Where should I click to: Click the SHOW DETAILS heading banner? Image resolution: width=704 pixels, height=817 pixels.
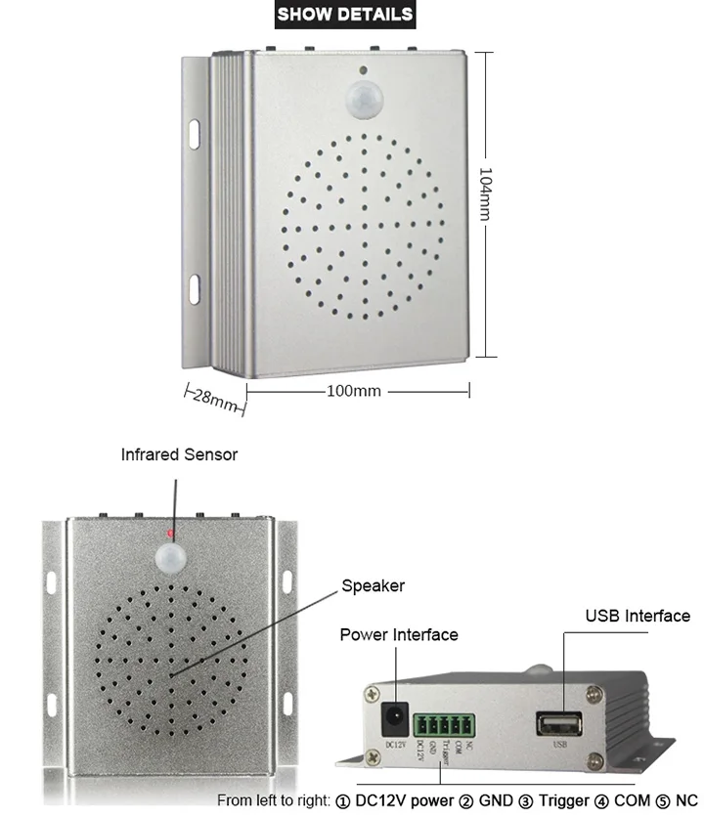point(345,14)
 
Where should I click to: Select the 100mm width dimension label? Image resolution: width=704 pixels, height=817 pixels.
point(353,391)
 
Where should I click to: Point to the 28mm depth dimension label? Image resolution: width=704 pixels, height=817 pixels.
point(212,398)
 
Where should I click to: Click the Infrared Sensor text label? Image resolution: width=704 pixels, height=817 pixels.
point(179,454)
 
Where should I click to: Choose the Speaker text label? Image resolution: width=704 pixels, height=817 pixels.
point(373,585)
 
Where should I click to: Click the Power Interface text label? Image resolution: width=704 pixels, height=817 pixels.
point(398,634)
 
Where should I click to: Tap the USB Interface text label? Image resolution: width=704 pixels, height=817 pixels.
point(638,616)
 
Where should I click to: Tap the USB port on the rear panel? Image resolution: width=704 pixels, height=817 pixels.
point(559,723)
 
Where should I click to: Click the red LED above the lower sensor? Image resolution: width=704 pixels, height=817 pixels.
point(170,534)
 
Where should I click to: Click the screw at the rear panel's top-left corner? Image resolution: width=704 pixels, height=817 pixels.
point(372,693)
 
